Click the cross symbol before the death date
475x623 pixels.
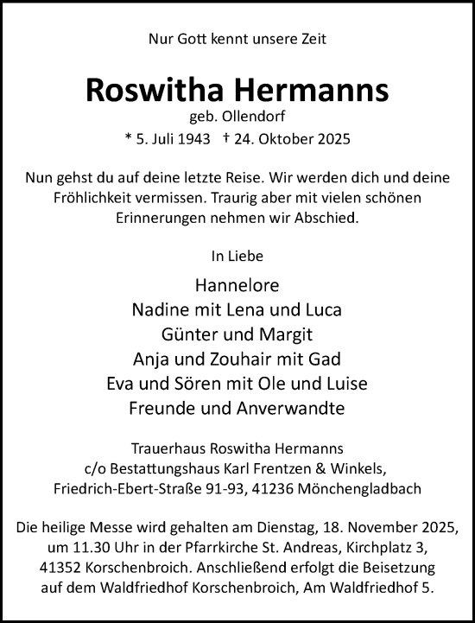click(250, 138)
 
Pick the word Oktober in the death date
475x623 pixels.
click(308, 138)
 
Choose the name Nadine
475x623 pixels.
click(160, 309)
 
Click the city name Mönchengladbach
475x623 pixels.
click(397, 489)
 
